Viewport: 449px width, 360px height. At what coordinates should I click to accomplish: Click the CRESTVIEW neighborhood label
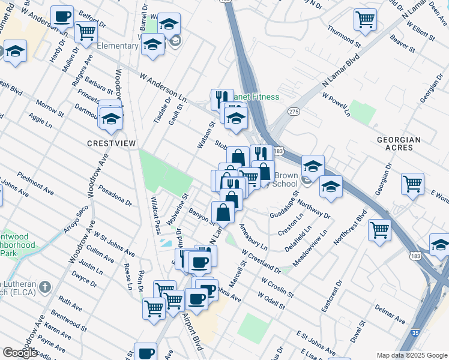point(112,143)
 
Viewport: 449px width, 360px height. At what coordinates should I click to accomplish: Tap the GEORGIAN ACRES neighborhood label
point(399,144)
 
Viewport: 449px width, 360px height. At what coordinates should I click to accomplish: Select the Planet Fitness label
point(256,97)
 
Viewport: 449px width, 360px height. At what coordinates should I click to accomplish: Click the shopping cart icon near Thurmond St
point(365,19)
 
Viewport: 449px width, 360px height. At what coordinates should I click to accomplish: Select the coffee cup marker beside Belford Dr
point(61,16)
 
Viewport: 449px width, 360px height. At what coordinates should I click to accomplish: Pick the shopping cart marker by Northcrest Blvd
point(380,229)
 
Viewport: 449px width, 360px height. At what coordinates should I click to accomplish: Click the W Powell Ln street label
point(336,104)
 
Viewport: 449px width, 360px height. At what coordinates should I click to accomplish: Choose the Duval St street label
point(359,331)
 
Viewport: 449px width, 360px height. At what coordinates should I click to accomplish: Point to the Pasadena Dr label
point(116,195)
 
